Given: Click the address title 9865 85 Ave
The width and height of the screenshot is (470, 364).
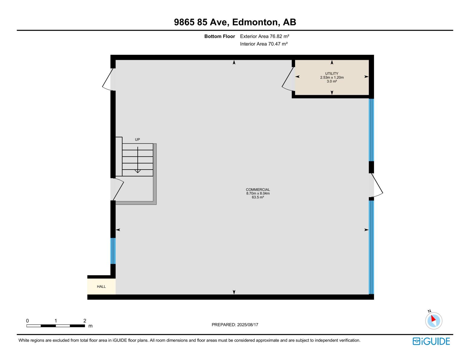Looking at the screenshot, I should point(235,22).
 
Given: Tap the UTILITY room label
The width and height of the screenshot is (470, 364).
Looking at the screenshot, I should point(332,74).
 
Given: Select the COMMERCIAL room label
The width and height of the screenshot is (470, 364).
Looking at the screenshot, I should point(258,190).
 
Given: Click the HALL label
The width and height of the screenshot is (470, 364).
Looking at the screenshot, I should point(101,287).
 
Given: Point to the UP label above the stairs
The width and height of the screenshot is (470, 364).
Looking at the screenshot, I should point(137,140).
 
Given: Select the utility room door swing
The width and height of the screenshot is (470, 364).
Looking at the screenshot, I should point(288,79).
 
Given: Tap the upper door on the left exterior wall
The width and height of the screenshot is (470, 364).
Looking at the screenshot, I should point(108,79).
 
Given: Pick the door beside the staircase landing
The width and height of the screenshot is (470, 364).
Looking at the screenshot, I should point(117,189).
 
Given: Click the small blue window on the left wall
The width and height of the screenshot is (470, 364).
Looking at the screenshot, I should point(113,251).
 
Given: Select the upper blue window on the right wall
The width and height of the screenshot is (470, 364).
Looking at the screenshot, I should point(371,130).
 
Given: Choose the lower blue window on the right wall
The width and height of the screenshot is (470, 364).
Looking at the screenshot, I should point(371,247).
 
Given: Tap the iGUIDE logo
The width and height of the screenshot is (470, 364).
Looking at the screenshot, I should point(431,341).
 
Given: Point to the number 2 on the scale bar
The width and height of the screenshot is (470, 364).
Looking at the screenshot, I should point(85,321).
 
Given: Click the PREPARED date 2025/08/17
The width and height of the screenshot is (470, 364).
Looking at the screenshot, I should point(235,325).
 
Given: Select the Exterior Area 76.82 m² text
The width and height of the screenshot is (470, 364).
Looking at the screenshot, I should point(265,36).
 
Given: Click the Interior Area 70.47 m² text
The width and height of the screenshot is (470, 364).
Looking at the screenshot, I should point(264,44).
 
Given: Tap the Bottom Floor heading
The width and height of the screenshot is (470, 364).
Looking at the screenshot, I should point(219,36).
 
